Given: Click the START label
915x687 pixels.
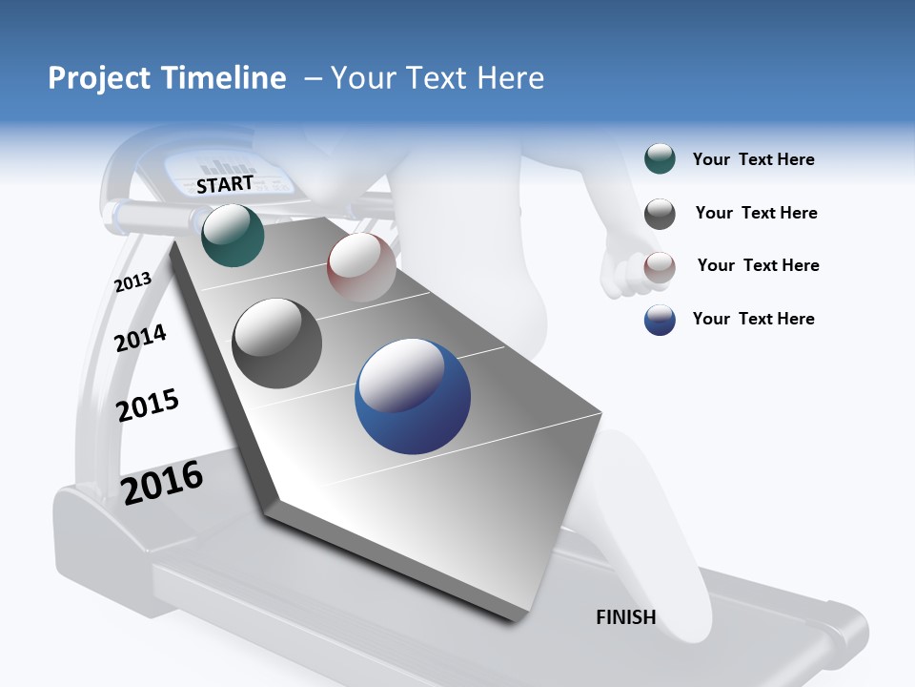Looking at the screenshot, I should click(x=225, y=184).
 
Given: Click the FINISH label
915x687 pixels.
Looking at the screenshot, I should click(x=626, y=617).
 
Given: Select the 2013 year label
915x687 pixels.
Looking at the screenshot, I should click(x=133, y=282).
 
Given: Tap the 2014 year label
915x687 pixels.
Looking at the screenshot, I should click(x=141, y=338).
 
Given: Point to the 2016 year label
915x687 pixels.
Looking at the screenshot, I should click(x=163, y=482).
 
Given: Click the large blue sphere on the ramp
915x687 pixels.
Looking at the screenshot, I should click(x=413, y=396).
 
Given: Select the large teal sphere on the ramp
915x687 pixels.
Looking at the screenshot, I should click(x=234, y=236).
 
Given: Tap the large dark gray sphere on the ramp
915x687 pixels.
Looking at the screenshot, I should click(x=277, y=343).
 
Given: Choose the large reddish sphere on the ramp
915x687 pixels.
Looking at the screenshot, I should click(x=361, y=267).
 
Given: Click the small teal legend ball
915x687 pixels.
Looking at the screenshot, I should click(x=660, y=159).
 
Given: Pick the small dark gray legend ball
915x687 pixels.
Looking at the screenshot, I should click(x=660, y=214).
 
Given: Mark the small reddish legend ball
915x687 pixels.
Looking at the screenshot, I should click(x=660, y=267).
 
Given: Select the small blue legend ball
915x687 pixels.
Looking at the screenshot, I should click(x=660, y=320).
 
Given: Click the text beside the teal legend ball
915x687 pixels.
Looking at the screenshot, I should click(x=753, y=160).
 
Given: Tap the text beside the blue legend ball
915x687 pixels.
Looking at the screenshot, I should click(x=753, y=319).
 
